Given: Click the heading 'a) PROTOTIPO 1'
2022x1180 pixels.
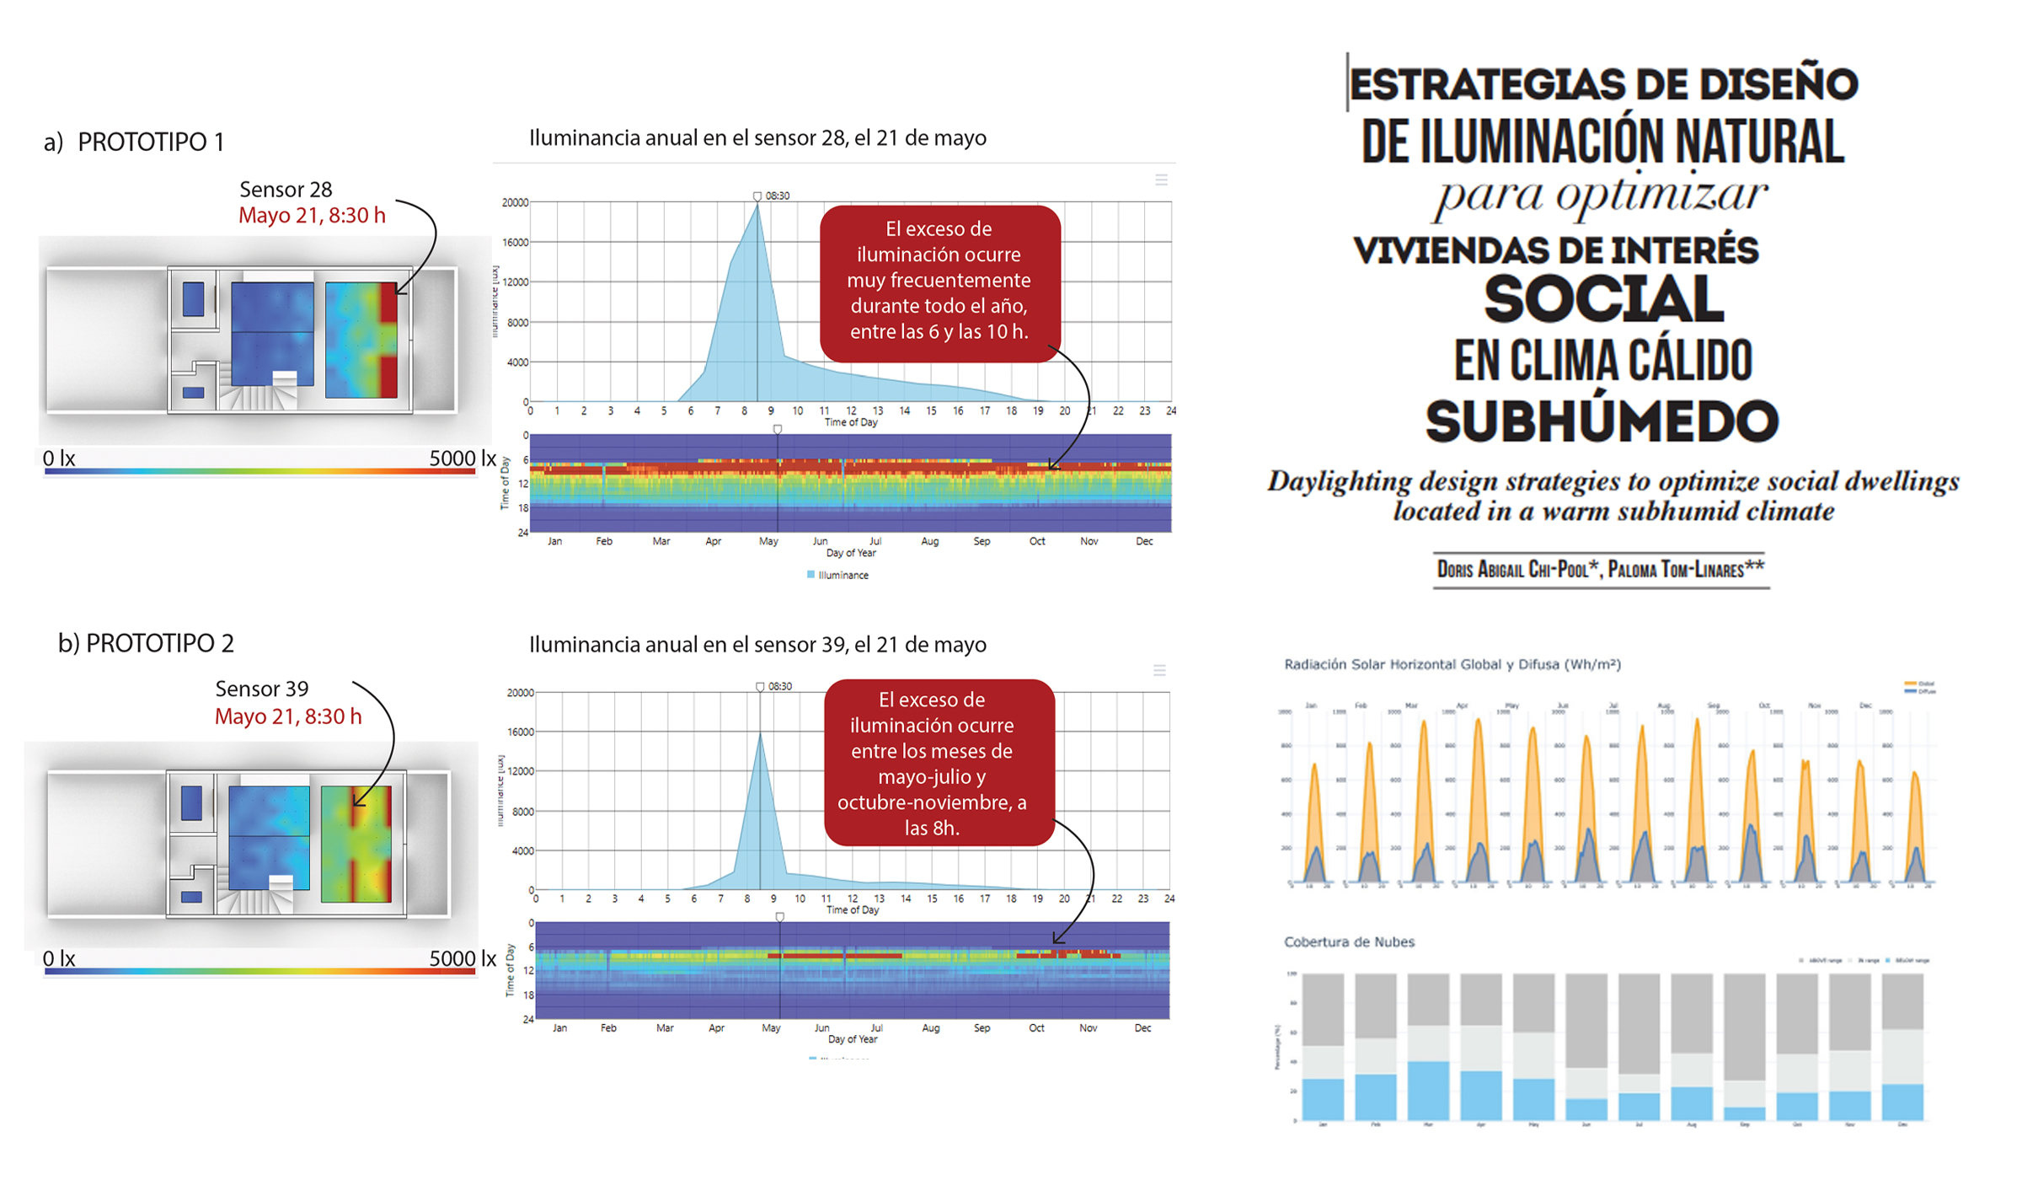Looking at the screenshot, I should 134,142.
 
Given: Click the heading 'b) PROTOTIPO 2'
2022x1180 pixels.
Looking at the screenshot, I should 146,643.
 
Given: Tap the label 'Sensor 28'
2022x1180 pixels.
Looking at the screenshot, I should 286,190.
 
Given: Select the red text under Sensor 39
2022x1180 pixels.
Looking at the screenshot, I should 288,716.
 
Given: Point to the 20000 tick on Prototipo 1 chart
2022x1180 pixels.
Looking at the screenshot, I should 515,202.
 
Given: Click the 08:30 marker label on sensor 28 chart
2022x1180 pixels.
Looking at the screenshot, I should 777,196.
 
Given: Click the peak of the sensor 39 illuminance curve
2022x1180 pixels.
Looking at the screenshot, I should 761,734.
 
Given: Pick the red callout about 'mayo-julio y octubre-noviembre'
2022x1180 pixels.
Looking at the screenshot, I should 939,763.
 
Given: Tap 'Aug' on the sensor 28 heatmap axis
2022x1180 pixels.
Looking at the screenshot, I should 929,541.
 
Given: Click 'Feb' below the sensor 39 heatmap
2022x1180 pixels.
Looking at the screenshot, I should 608,1028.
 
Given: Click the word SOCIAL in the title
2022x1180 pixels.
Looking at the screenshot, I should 1603,300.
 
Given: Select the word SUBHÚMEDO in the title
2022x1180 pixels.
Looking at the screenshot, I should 1602,421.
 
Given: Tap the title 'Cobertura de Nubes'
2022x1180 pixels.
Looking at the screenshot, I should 1349,941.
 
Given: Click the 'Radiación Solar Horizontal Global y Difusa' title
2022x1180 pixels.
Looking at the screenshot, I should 1452,664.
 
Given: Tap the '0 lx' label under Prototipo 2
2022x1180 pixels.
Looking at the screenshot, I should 59,958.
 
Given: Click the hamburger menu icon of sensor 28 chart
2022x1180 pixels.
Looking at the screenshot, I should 1161,180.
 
